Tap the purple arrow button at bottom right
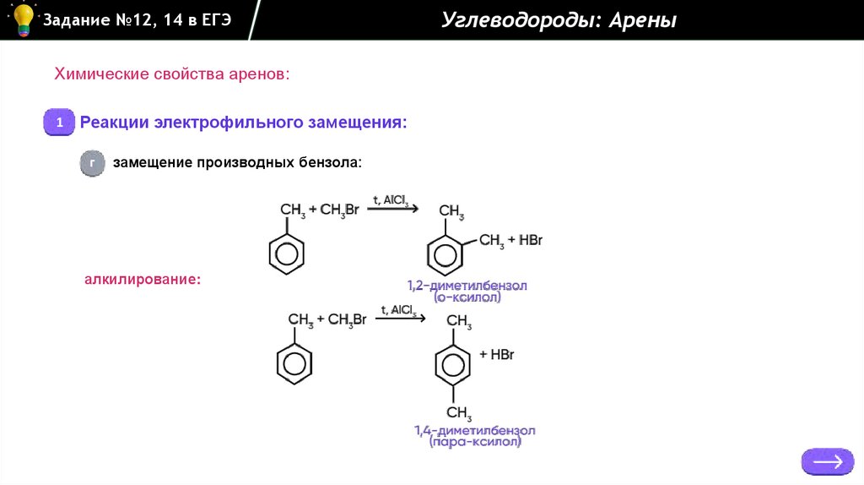click(827, 461)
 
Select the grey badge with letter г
click(92, 162)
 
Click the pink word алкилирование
click(143, 278)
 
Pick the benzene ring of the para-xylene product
click(452, 365)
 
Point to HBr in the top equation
click(531, 241)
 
